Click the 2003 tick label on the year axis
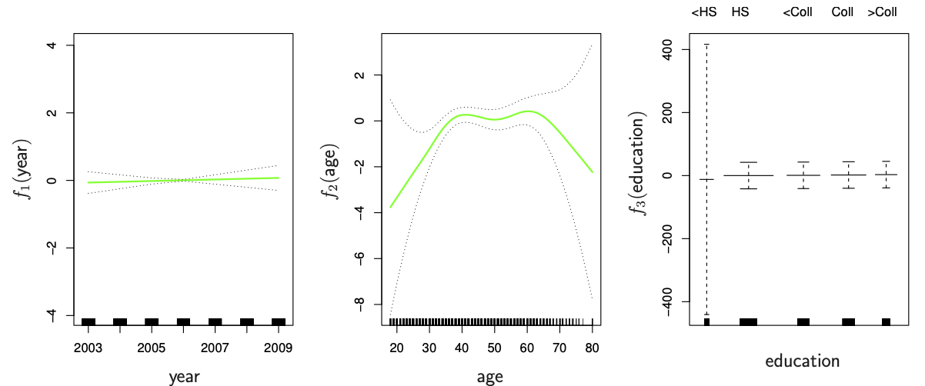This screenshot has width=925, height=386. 88,347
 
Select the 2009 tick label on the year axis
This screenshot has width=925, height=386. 278,347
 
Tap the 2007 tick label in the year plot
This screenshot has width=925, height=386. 215,347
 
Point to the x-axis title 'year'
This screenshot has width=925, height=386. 184,377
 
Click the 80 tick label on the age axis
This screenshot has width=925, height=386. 592,347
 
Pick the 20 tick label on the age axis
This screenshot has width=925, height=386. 397,347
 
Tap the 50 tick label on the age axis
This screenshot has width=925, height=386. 494,347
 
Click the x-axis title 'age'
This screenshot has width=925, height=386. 490,377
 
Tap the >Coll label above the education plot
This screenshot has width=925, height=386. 882,12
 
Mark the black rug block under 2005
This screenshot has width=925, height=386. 152,322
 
